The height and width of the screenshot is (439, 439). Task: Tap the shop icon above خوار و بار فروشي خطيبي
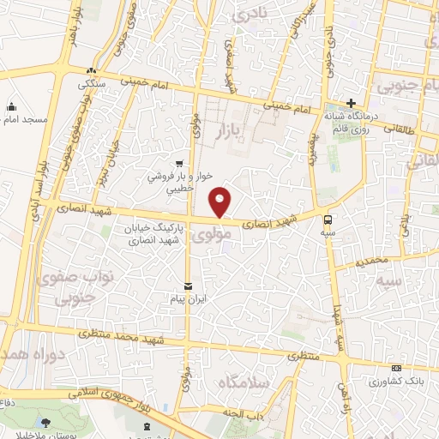(178, 164)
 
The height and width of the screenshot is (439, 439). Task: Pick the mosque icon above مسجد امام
(11, 106)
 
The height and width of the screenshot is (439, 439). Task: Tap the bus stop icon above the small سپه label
(330, 218)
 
